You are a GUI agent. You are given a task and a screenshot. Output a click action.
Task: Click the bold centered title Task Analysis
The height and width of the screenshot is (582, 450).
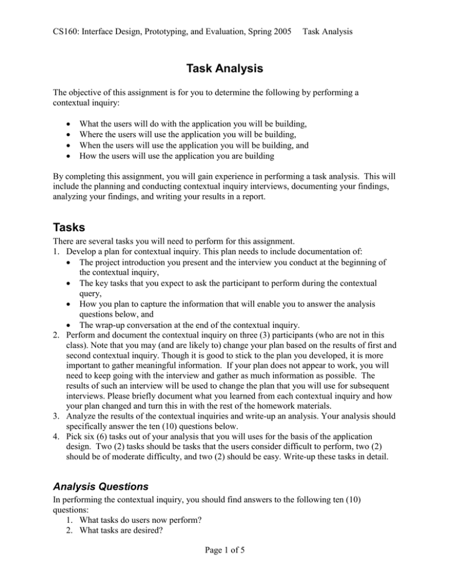click(224, 69)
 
